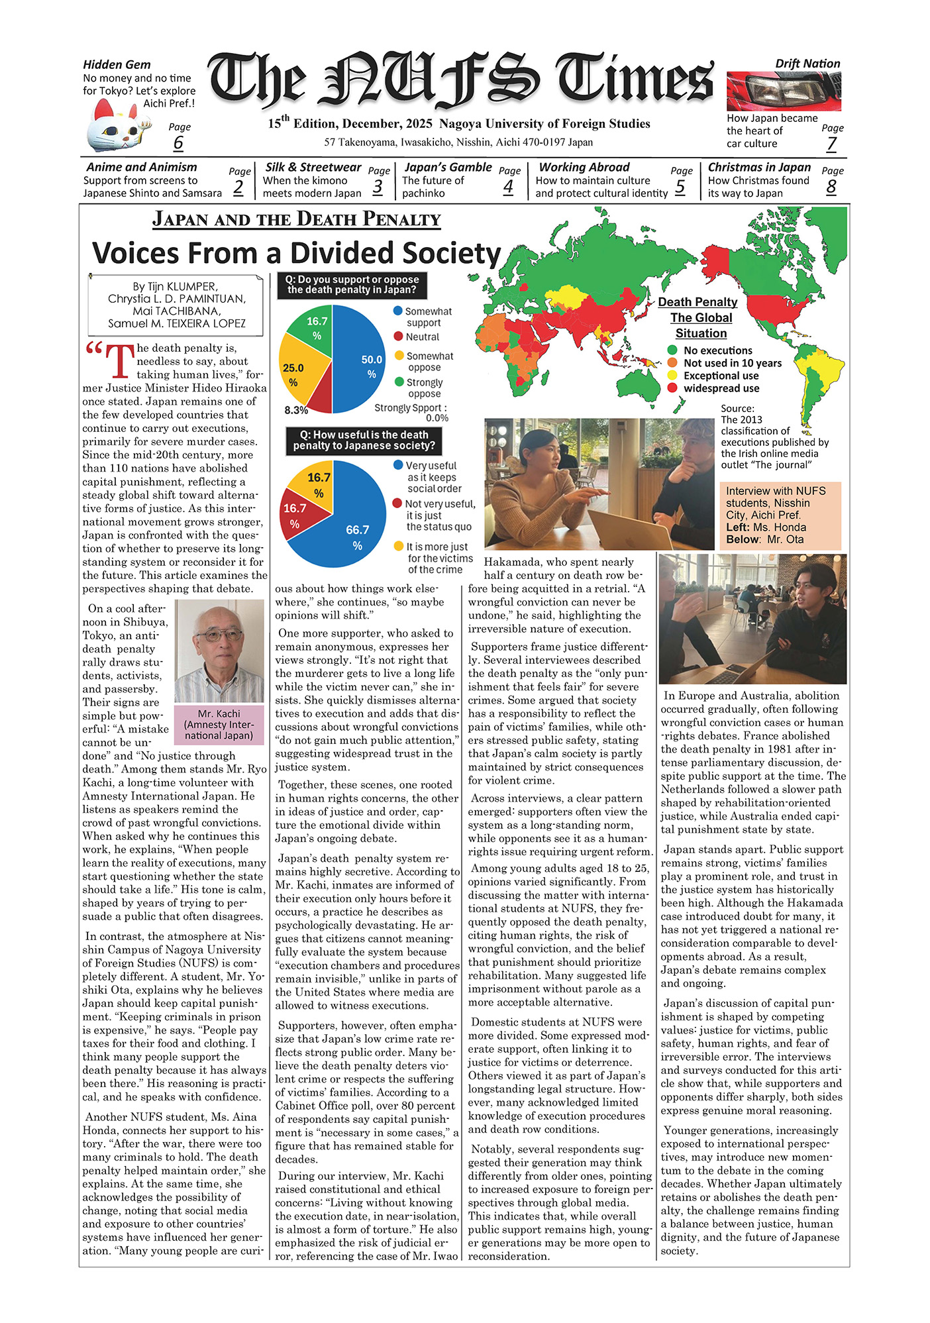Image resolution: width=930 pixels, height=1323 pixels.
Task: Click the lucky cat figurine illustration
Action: [x=114, y=126]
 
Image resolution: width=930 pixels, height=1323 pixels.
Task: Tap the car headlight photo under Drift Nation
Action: [x=783, y=91]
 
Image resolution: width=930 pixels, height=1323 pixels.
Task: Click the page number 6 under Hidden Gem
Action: [x=178, y=142]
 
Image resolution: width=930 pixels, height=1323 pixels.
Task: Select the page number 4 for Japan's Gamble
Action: [x=508, y=187]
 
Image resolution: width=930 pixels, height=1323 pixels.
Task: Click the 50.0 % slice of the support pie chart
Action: [x=361, y=361]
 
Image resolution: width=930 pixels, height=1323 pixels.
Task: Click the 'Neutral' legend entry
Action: [x=422, y=337]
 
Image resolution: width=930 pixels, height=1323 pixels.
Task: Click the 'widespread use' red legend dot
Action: [x=672, y=388]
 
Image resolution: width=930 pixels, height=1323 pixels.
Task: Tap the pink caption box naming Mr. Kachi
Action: [x=219, y=724]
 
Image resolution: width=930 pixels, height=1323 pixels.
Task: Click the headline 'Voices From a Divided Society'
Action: [x=296, y=253]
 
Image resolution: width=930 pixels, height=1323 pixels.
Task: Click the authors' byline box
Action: [x=176, y=305]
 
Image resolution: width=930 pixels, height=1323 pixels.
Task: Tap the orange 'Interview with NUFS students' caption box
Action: [x=780, y=515]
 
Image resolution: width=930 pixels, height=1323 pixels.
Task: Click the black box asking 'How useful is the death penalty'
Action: [x=364, y=441]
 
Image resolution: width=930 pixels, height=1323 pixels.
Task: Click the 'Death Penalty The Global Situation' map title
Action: [x=700, y=317]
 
